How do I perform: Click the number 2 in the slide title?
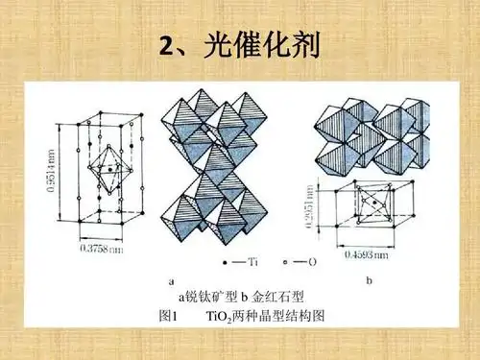(x=164, y=44)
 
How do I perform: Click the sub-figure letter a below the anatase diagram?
(x=171, y=281)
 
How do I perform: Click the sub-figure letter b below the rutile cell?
(x=370, y=280)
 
